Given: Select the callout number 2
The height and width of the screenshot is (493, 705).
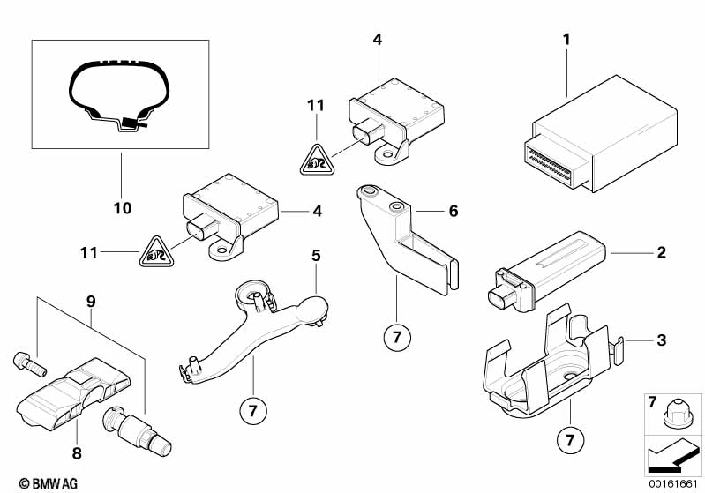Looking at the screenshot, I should (660, 254).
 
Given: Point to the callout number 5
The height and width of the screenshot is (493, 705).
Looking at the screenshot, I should (314, 257).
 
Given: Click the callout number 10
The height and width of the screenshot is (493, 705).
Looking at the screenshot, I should (122, 209).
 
